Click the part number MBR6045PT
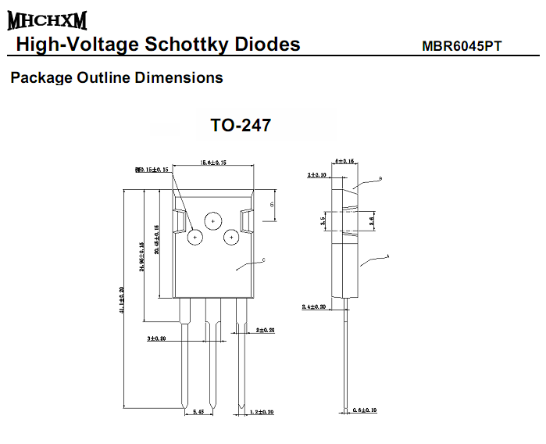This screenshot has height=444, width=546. click(x=461, y=46)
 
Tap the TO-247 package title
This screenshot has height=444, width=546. click(x=241, y=125)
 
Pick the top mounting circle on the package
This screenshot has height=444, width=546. click(x=212, y=222)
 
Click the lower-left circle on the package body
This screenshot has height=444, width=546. click(x=194, y=235)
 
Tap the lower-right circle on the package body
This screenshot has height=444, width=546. click(x=231, y=236)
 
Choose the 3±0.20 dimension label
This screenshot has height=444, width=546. click(x=157, y=338)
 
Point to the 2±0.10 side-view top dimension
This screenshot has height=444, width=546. click(x=318, y=175)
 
